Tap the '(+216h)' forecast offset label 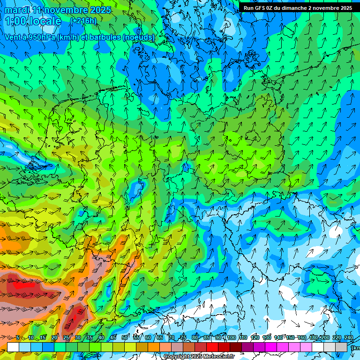click(x=83, y=21)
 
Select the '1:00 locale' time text click(x=33, y=21)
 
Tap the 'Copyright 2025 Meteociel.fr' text click(x=198, y=357)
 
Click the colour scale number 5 click(x=17, y=337)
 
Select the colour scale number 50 click(x=124, y=337)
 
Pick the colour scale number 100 click(x=231, y=337)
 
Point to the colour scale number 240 click(x=348, y=337)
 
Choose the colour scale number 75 click(x=183, y=337)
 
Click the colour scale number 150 click(x=290, y=337)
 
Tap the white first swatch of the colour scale click(x=13, y=347)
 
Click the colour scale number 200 click(x=325, y=337)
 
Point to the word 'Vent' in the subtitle click(x=13, y=37)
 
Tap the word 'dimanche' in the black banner click(x=293, y=8)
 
